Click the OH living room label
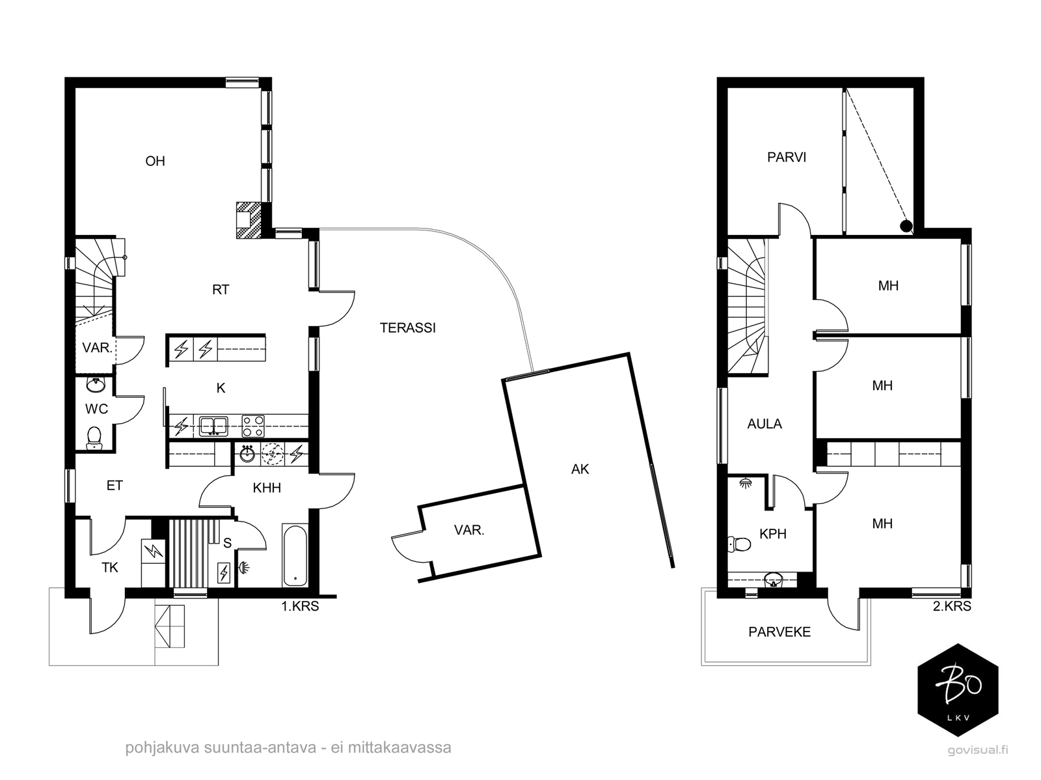(x=155, y=161)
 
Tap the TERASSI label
(x=407, y=328)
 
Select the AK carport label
(x=580, y=469)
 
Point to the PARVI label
(x=787, y=157)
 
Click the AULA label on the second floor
(x=764, y=424)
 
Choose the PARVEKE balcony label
(x=779, y=632)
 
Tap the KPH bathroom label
(x=772, y=534)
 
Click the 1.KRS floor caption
(x=300, y=606)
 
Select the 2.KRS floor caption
(x=952, y=606)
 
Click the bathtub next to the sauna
(x=295, y=555)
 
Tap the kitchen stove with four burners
(x=253, y=426)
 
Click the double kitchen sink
(x=213, y=426)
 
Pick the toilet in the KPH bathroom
(x=739, y=544)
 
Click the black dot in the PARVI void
(x=906, y=227)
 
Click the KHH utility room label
(x=267, y=488)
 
